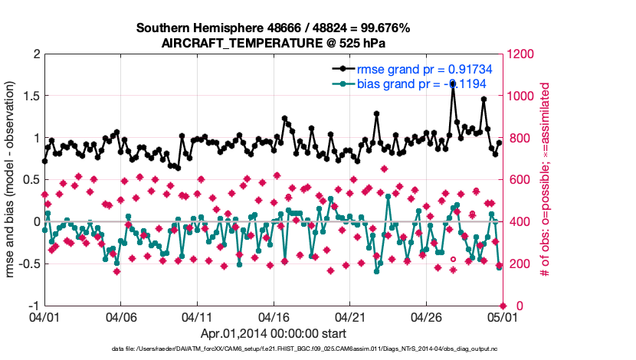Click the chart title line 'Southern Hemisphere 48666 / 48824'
click(273, 28)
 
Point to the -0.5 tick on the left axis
click(27, 264)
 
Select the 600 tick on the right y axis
click(516, 180)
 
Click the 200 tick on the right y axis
click(516, 264)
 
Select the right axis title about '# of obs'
click(546, 180)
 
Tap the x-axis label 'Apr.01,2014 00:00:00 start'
click(273, 334)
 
